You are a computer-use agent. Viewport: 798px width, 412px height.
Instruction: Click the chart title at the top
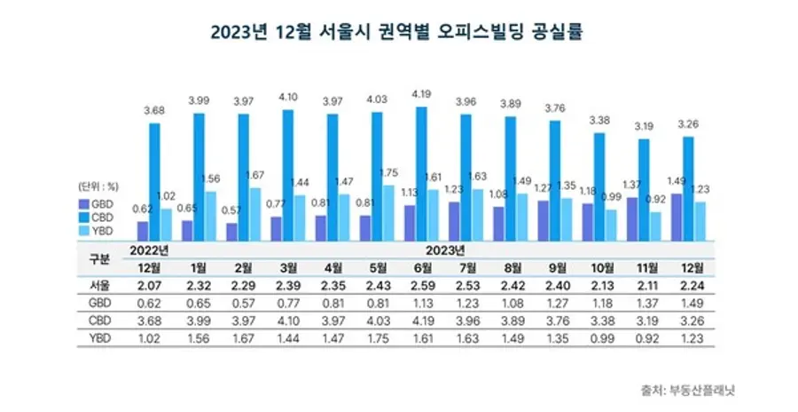399,33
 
